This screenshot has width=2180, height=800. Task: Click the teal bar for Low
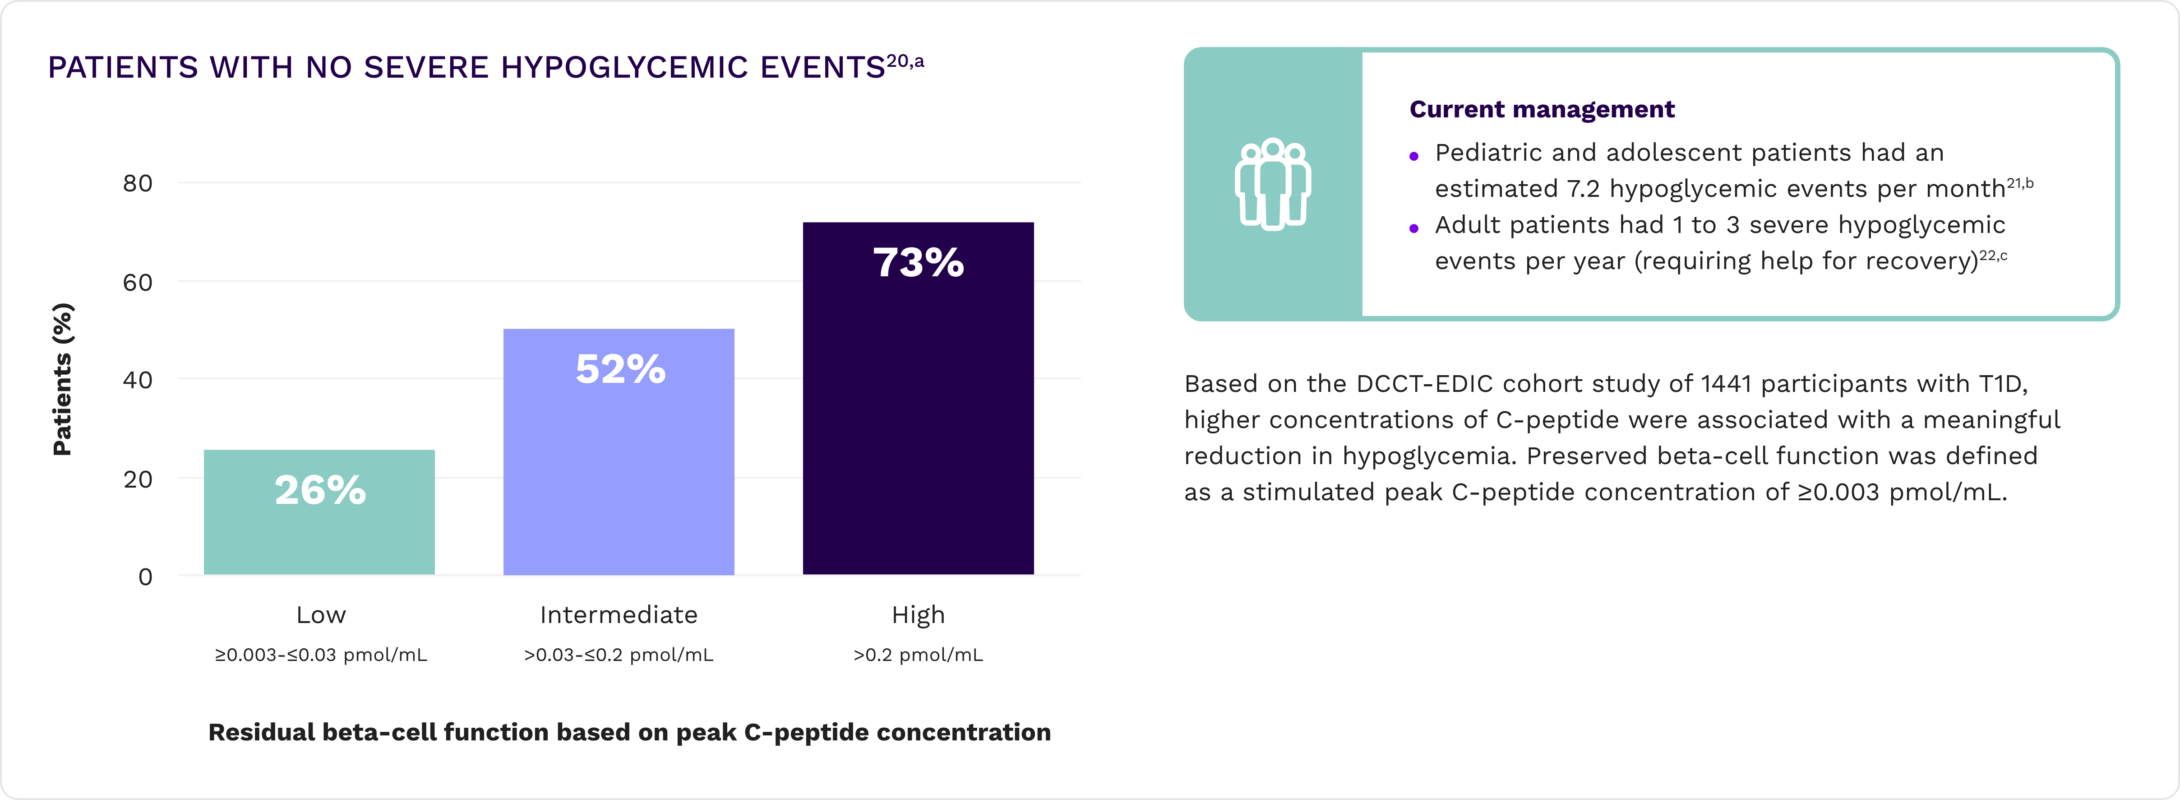[319, 533]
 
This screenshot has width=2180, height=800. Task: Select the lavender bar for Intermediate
[619, 474]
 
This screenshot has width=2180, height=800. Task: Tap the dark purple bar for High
[918, 423]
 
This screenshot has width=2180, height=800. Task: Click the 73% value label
[918, 262]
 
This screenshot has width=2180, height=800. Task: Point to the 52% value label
[620, 369]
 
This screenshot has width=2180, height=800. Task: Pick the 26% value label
[320, 490]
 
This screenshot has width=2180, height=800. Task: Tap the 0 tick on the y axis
[146, 577]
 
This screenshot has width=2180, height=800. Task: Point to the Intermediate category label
[619, 614]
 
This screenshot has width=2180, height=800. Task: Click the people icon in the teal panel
[1272, 185]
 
